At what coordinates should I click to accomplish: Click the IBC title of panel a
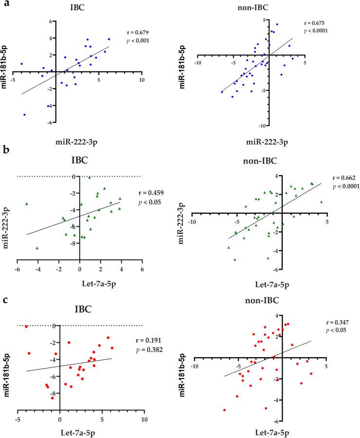point(78,8)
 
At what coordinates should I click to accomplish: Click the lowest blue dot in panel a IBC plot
point(24,115)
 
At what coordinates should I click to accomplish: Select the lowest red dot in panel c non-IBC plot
point(224,410)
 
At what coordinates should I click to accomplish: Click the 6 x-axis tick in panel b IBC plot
point(142,269)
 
